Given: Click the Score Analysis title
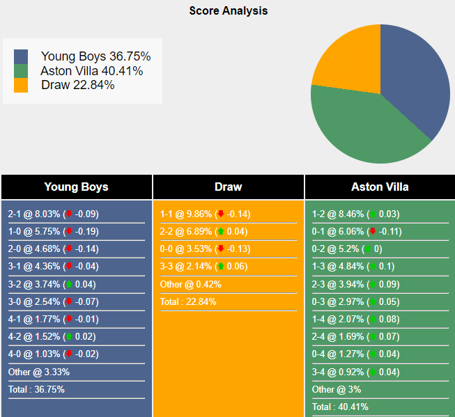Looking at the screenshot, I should [228, 11].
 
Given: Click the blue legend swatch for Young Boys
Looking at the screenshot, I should [21, 56].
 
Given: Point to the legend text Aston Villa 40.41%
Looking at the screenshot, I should [91, 71].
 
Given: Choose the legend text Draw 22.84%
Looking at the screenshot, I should [77, 85].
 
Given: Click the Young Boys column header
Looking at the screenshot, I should [76, 187].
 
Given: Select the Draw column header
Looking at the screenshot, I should [228, 187].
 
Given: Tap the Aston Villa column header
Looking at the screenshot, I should [380, 187].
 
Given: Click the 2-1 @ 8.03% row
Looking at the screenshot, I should [35, 214].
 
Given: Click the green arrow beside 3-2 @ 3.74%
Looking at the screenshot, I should [68, 285].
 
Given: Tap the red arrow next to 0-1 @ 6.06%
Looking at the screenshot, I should [373, 232].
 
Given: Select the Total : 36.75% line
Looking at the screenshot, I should [36, 390].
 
